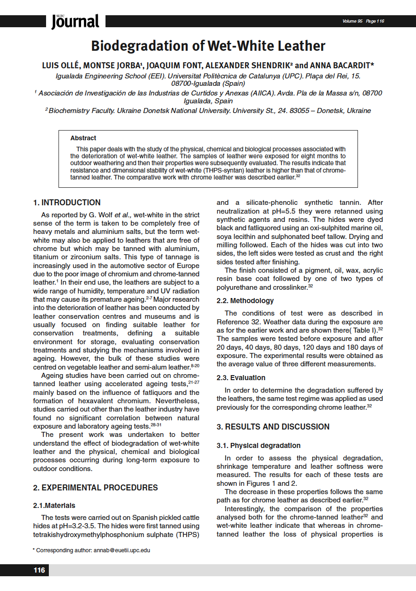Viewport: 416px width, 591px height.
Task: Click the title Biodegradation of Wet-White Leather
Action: click(x=208, y=46)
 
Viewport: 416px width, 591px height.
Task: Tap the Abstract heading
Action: click(x=83, y=138)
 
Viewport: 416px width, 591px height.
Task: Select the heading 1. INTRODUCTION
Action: click(x=67, y=203)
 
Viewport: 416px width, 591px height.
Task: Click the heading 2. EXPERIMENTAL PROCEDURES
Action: click(x=95, y=488)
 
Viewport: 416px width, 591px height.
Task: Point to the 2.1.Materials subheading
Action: click(x=54, y=506)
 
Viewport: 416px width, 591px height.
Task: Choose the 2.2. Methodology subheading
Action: click(x=245, y=301)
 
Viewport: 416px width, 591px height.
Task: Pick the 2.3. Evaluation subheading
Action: click(x=241, y=378)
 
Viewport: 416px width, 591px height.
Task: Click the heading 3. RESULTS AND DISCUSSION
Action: click(x=273, y=427)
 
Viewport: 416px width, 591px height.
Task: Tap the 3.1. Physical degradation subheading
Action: click(x=258, y=446)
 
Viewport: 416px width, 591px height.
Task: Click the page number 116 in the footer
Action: click(x=39, y=570)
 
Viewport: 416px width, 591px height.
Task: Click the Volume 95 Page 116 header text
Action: click(x=363, y=21)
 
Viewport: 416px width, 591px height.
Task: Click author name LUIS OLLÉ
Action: click(x=61, y=66)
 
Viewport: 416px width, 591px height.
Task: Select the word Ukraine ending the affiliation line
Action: click(x=357, y=111)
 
